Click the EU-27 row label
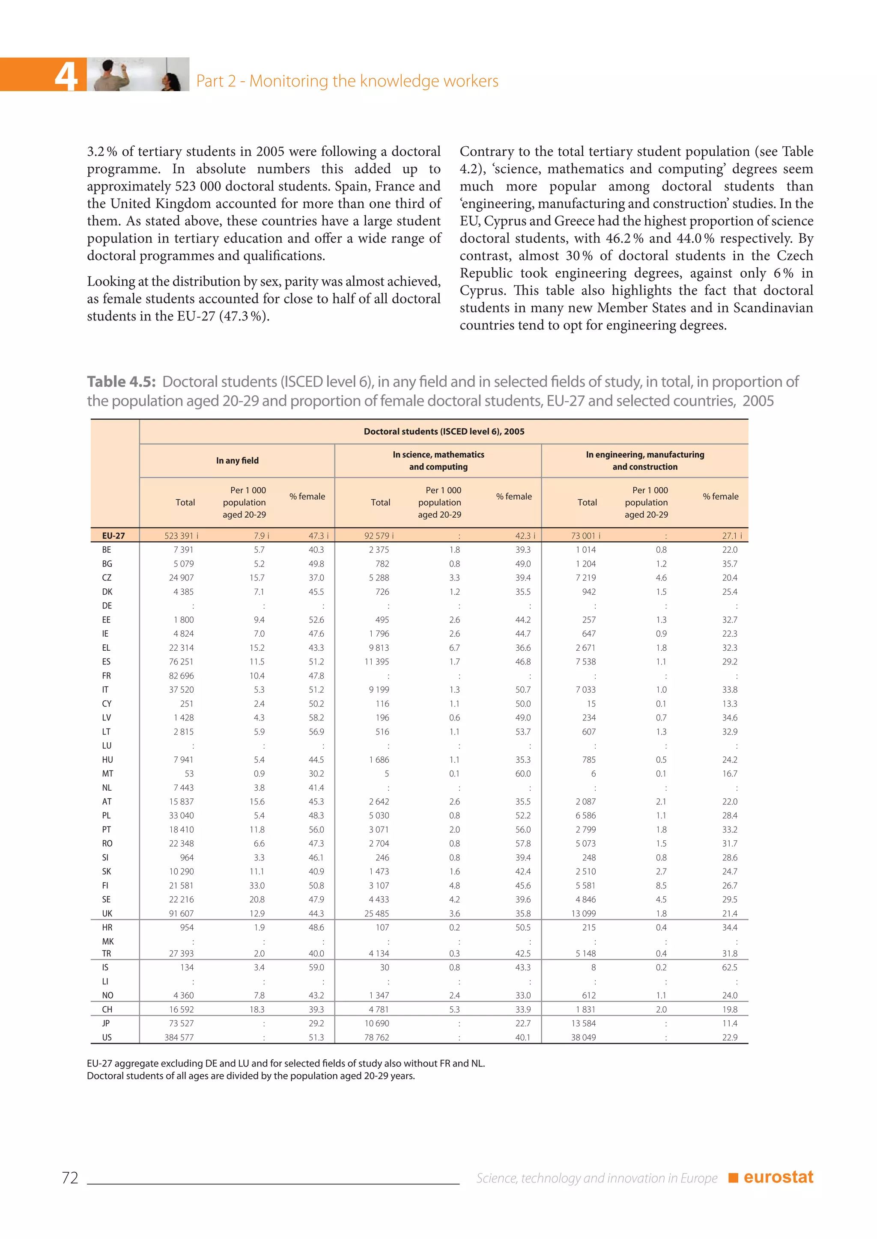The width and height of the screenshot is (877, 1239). pyautogui.click(x=113, y=535)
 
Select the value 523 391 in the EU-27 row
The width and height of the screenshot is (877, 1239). pyautogui.click(x=179, y=535)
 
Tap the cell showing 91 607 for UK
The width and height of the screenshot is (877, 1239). pyautogui.click(x=182, y=913)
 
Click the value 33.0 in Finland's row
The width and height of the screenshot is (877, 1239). pyautogui.click(x=257, y=886)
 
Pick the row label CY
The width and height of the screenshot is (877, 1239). pyautogui.click(x=107, y=704)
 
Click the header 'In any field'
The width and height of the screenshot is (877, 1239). pyautogui.click(x=237, y=460)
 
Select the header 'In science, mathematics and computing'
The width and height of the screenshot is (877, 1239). pyautogui.click(x=438, y=460)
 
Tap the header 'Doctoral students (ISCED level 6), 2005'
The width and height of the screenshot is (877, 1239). pyautogui.click(x=444, y=431)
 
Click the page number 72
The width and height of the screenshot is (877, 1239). pyautogui.click(x=70, y=1177)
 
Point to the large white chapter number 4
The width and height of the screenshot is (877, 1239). pyautogui.click(x=66, y=76)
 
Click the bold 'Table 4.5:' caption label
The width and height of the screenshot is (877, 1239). pyautogui.click(x=122, y=382)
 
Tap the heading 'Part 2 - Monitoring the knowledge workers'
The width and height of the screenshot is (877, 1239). pyautogui.click(x=347, y=81)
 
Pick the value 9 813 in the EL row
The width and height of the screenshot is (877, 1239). pyautogui.click(x=379, y=648)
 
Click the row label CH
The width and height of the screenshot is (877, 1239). pyautogui.click(x=107, y=1009)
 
